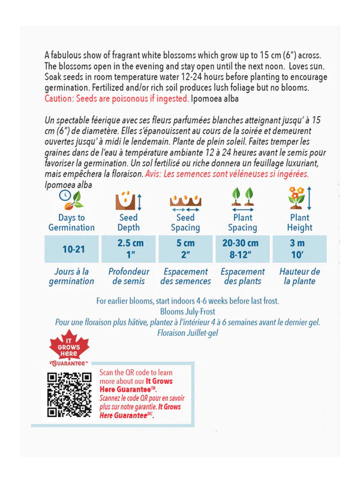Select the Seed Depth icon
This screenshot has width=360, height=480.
coord(128,200)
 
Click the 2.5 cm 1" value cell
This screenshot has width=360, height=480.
coord(128,248)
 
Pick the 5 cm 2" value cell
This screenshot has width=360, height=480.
coord(185,248)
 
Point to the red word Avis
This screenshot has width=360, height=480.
coord(155,174)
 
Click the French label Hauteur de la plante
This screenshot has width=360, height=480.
coord(299,276)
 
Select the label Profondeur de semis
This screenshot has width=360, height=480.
coord(128,276)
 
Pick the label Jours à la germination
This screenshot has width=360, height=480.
coord(71,276)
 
